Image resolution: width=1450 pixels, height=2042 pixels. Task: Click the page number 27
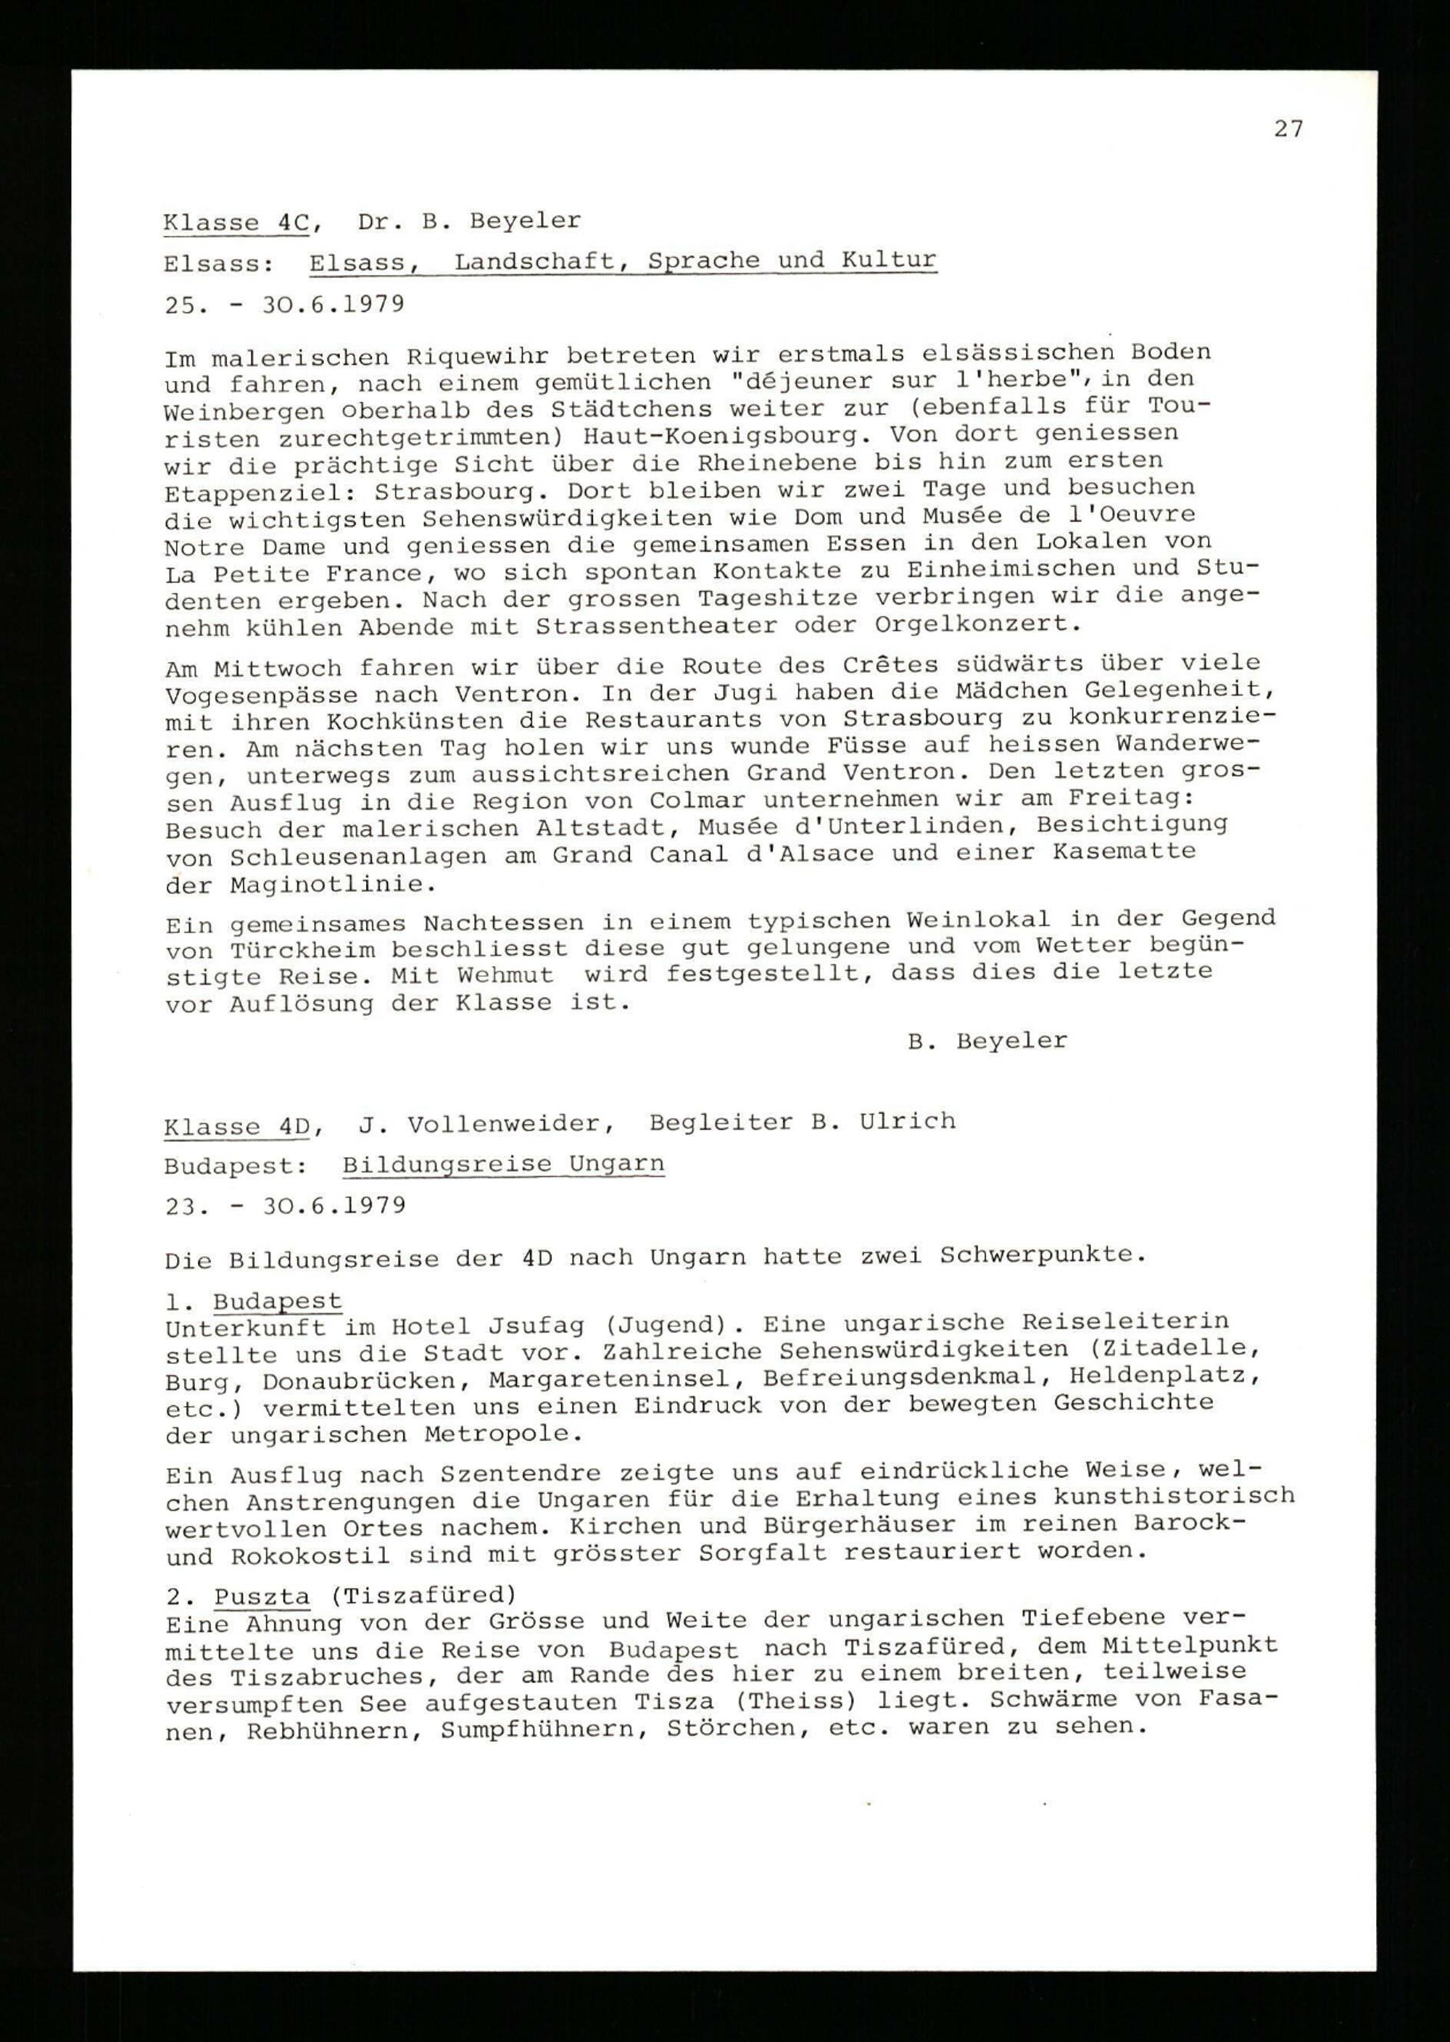tap(1288, 130)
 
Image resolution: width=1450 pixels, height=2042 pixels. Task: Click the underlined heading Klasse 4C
tap(236, 223)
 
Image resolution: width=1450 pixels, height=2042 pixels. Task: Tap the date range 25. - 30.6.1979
tap(285, 305)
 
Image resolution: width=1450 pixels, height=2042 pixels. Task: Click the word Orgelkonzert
tap(978, 623)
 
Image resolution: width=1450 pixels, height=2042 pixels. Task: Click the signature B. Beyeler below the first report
tap(987, 1041)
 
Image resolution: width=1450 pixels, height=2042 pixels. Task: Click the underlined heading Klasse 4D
tap(236, 1126)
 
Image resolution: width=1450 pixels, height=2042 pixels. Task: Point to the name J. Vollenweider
tap(486, 1124)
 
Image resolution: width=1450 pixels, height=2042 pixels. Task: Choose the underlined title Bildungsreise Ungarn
tap(502, 1165)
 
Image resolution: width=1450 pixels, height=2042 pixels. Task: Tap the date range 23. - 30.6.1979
tap(285, 1206)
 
